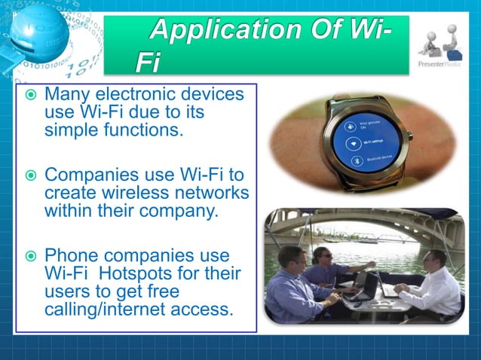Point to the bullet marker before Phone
pyautogui.click(x=30, y=257)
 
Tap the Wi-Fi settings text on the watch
pyautogui.click(x=361, y=141)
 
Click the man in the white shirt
pyautogui.click(x=434, y=282)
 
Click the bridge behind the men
pyautogui.click(x=362, y=226)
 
